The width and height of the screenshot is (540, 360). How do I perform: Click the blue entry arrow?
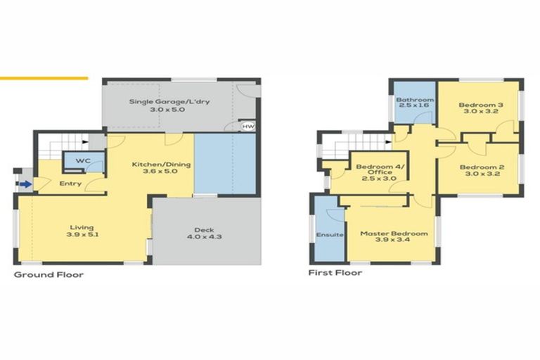coord(25,185)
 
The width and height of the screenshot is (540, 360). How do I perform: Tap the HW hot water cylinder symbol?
coord(247,127)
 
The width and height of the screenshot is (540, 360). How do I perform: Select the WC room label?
coord(83,161)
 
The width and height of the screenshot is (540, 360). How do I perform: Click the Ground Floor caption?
coord(49,274)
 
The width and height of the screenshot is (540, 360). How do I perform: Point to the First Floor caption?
coord(335,272)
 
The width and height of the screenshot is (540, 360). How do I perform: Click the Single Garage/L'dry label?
coord(169,102)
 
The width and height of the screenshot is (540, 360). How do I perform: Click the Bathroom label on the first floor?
coord(414,101)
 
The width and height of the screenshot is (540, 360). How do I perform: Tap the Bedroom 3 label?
coord(479,105)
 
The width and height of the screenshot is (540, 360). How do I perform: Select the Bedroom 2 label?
coord(479,167)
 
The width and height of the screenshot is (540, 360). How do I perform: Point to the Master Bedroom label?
coord(393,233)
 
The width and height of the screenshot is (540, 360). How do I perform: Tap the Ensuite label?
coord(329,234)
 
